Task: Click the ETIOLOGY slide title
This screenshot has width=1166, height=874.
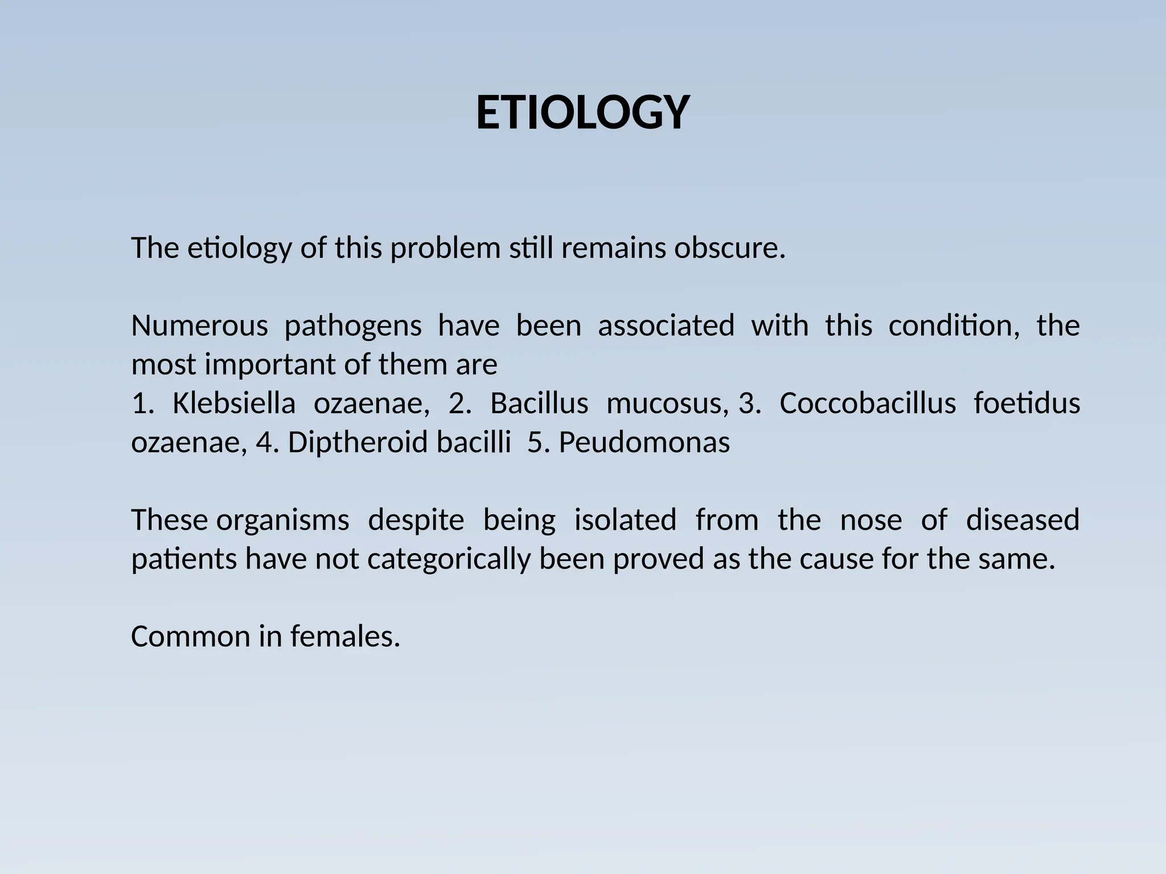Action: pos(582,113)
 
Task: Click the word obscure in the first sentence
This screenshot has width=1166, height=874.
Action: pos(729,249)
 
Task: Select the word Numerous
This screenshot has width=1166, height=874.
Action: pos(199,327)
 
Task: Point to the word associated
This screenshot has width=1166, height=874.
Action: pos(666,327)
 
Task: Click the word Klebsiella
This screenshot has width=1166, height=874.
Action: pos(233,404)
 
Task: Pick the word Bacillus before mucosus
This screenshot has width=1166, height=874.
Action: pos(539,404)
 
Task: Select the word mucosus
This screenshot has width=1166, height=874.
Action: pos(667,404)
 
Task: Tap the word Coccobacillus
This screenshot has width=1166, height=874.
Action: pos(867,404)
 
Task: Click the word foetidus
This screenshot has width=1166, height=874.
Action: pos(1027,404)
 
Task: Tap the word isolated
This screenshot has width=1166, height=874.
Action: pos(625,521)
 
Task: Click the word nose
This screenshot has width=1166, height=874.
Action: pos(871,521)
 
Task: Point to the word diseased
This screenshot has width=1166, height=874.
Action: pos(1023,521)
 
